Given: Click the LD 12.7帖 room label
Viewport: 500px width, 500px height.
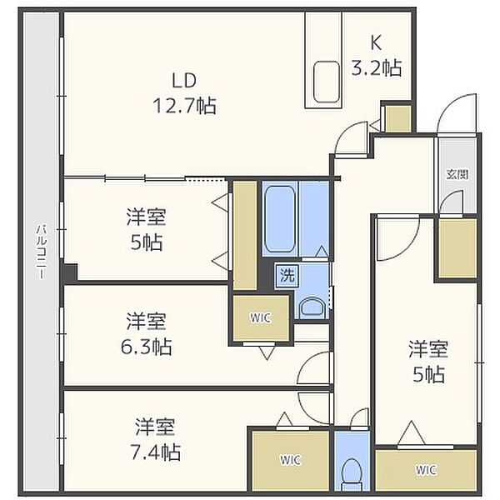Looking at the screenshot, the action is point(185,93).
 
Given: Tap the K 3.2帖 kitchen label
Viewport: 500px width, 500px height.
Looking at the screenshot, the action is point(377,54).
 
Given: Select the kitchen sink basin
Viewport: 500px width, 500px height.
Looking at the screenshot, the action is point(326,82).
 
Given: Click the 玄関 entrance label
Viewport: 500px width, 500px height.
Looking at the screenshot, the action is point(457,174).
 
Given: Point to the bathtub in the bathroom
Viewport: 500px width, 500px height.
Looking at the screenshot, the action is point(280,218).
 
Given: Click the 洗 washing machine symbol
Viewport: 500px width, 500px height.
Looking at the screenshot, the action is point(287,275).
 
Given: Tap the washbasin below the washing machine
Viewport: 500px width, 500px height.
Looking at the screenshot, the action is point(312,307).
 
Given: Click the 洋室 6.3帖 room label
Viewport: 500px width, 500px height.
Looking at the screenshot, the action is point(146,334).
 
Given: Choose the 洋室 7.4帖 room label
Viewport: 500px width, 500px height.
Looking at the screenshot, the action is point(155,439).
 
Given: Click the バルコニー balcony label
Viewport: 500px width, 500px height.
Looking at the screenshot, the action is point(42,252).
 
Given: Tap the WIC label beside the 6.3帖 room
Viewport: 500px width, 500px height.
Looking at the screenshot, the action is point(261,318).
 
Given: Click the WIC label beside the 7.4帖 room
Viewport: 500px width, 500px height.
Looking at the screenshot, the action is point(290,460).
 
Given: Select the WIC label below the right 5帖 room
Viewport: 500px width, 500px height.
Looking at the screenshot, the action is point(426,469).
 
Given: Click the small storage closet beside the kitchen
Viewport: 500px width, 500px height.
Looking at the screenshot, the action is point(398,118).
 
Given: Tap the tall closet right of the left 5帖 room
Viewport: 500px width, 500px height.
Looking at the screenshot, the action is point(245,236).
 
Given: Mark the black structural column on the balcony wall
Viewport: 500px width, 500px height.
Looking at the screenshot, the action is point(70,272).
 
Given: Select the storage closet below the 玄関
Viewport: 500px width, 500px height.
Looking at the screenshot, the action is point(457,248).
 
